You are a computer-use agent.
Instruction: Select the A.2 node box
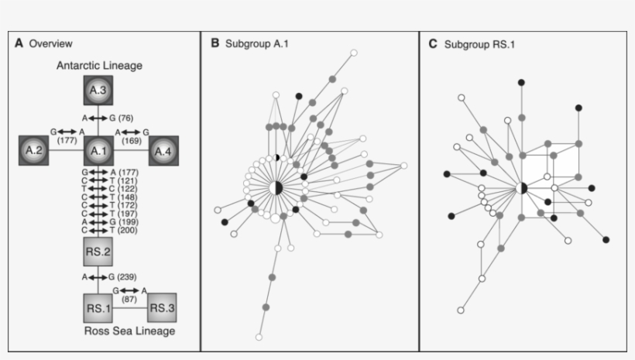click(33, 149)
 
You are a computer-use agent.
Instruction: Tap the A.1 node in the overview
click(98, 149)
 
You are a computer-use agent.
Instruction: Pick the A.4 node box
click(163, 149)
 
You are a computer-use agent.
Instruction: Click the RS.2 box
click(98, 252)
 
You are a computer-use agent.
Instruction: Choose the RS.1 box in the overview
click(98, 307)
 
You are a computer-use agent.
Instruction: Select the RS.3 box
click(163, 307)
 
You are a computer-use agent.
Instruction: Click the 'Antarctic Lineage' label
click(99, 66)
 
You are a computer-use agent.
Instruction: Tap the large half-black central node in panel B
click(276, 187)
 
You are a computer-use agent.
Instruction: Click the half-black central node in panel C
click(522, 187)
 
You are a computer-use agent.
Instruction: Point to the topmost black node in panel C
click(522, 82)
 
